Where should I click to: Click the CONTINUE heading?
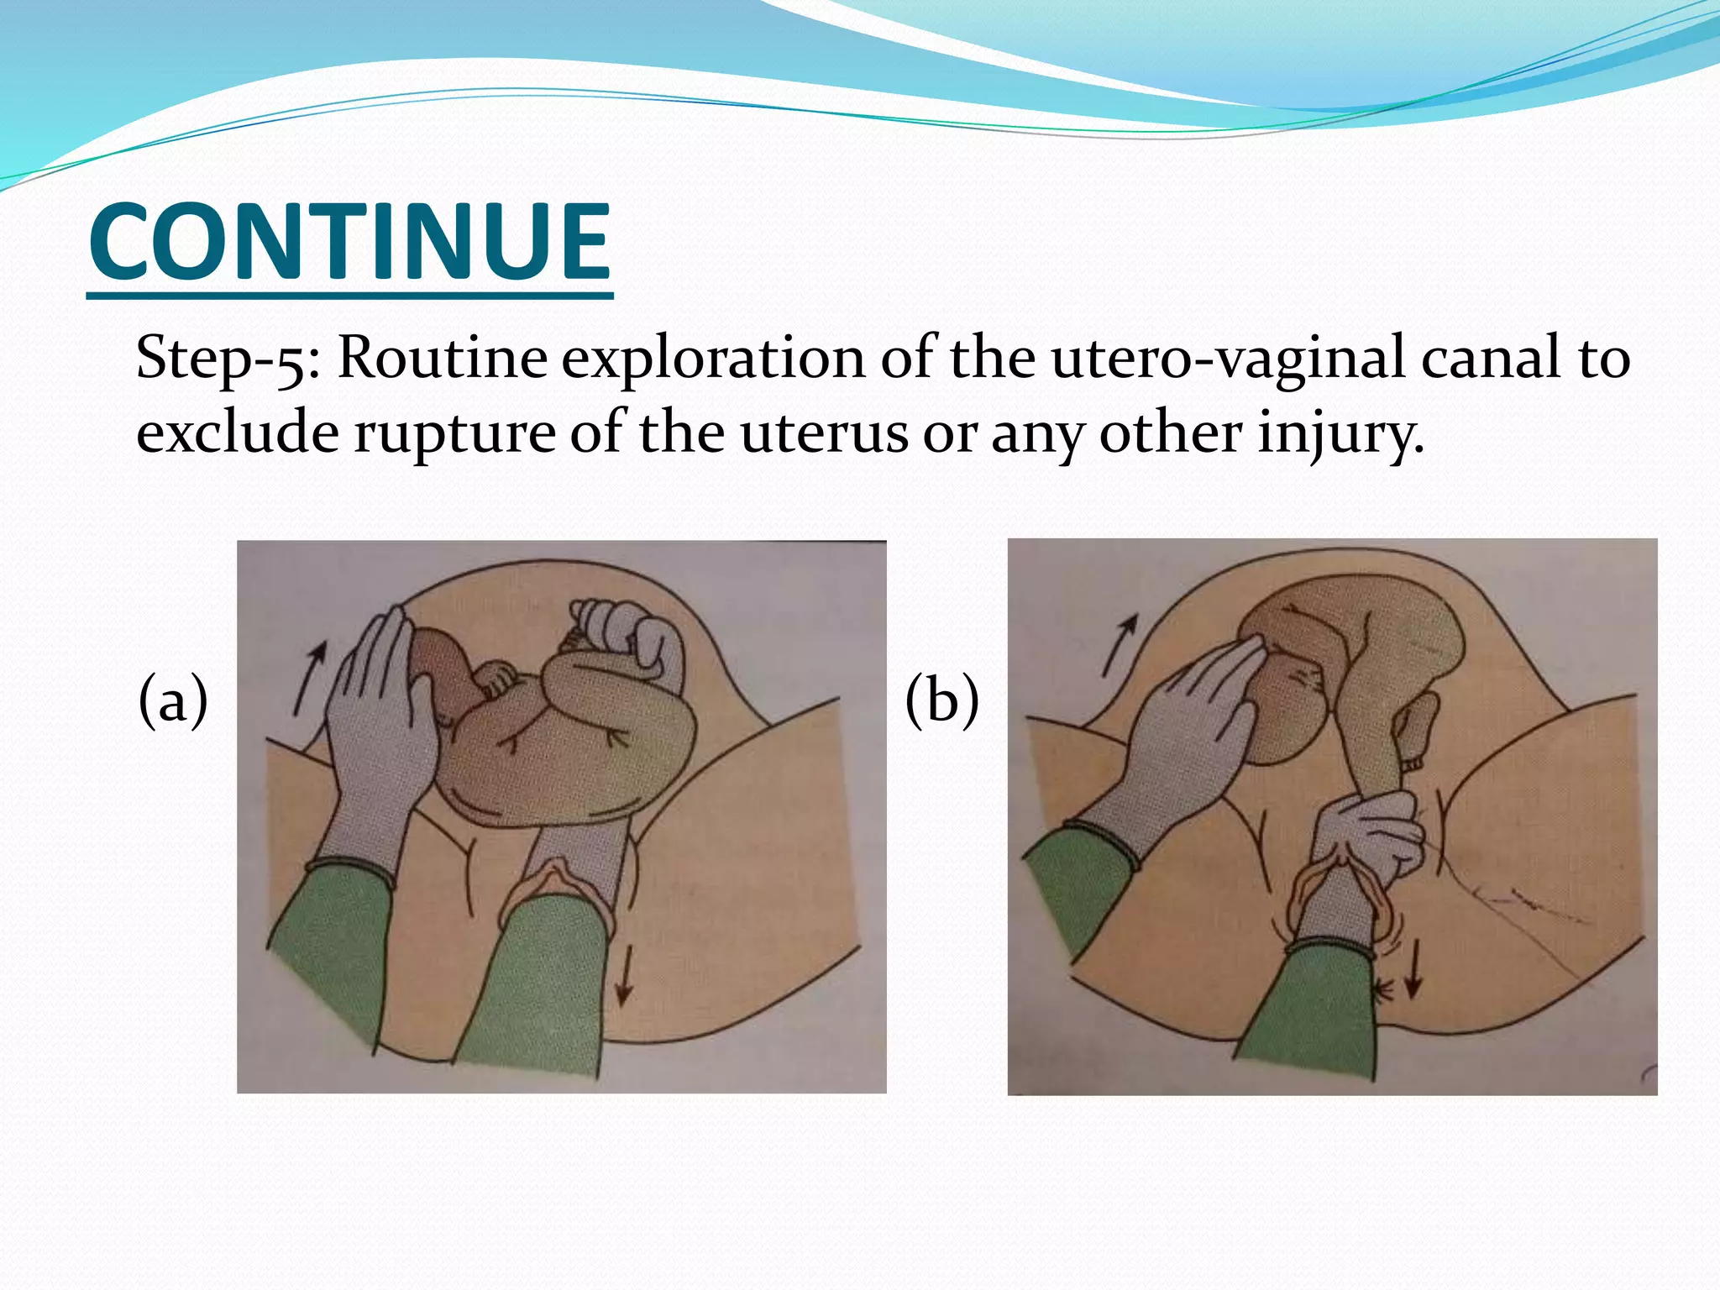coord(349,242)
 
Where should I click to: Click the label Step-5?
coord(227,359)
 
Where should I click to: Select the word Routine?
coord(442,357)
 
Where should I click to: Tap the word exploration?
coord(712,359)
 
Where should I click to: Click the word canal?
coord(1490,357)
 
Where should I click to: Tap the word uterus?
coord(823,433)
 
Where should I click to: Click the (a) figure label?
coord(173,700)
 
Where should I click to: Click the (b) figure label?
coord(941,700)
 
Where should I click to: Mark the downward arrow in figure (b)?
coord(1413,968)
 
